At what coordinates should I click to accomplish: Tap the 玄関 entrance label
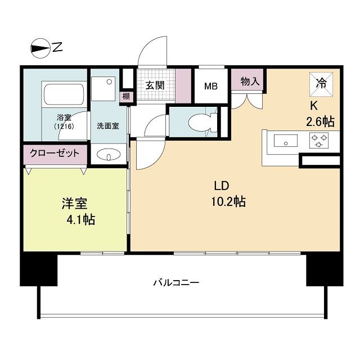155,85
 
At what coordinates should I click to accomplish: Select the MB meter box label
211,86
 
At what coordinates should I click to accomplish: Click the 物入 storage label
249,82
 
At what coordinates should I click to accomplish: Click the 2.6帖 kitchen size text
320,120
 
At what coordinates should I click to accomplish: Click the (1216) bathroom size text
64,127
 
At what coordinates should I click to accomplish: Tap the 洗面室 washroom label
107,126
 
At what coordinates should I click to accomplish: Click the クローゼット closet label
55,153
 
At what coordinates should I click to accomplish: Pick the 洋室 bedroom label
74,203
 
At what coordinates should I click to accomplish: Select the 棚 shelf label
127,96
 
